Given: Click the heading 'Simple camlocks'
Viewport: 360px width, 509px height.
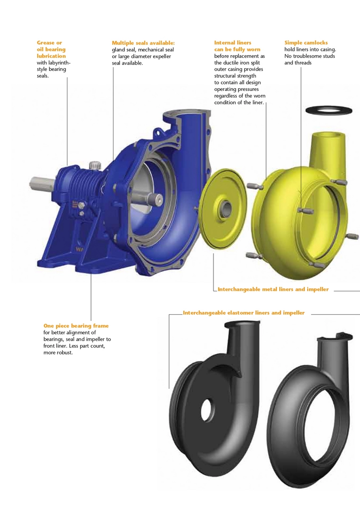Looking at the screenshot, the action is [306, 42].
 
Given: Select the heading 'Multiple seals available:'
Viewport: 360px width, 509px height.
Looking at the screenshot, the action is [143, 43].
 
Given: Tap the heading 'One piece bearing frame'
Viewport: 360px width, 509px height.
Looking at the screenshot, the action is [76, 326].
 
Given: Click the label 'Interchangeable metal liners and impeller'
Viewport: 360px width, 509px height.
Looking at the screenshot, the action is [273, 289].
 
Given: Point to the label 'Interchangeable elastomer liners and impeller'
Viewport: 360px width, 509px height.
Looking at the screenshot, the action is [244, 313].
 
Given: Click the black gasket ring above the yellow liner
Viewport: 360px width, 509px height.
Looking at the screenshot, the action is [329, 110].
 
